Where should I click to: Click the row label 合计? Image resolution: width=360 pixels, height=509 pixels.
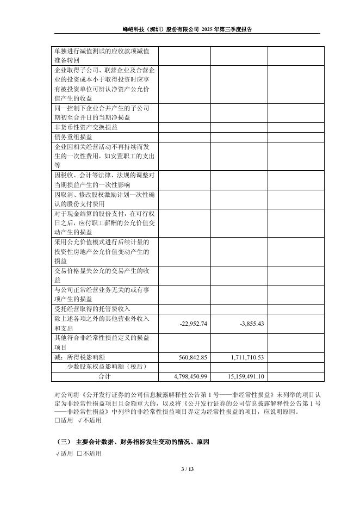click(104, 376)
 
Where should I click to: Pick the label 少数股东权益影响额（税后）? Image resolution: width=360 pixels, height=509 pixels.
click(105, 367)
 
